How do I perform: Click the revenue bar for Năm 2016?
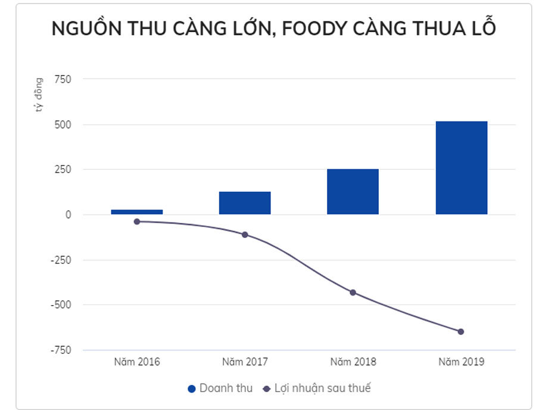click(136, 212)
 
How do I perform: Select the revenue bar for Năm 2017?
click(245, 203)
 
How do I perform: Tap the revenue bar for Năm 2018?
click(353, 191)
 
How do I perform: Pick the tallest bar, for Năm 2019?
click(461, 167)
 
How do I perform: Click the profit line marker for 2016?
click(136, 221)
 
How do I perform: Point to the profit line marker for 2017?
click(245, 234)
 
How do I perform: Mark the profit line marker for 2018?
click(353, 292)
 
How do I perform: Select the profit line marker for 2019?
click(461, 331)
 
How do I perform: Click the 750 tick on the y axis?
click(63, 79)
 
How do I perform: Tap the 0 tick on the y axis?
click(68, 215)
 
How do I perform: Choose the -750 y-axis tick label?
click(60, 350)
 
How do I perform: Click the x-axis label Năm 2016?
click(136, 362)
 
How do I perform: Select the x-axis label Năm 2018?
click(353, 362)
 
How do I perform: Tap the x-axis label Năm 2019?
click(461, 362)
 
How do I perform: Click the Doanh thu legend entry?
click(220, 389)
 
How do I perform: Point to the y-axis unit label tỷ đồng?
click(38, 95)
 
